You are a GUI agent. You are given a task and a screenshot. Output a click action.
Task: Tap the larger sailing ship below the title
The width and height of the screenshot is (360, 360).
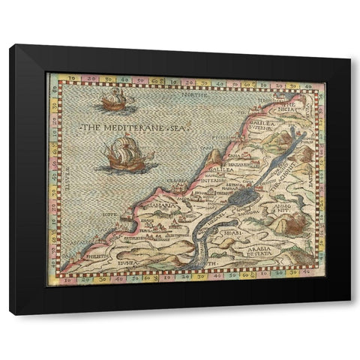(x=123, y=154)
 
